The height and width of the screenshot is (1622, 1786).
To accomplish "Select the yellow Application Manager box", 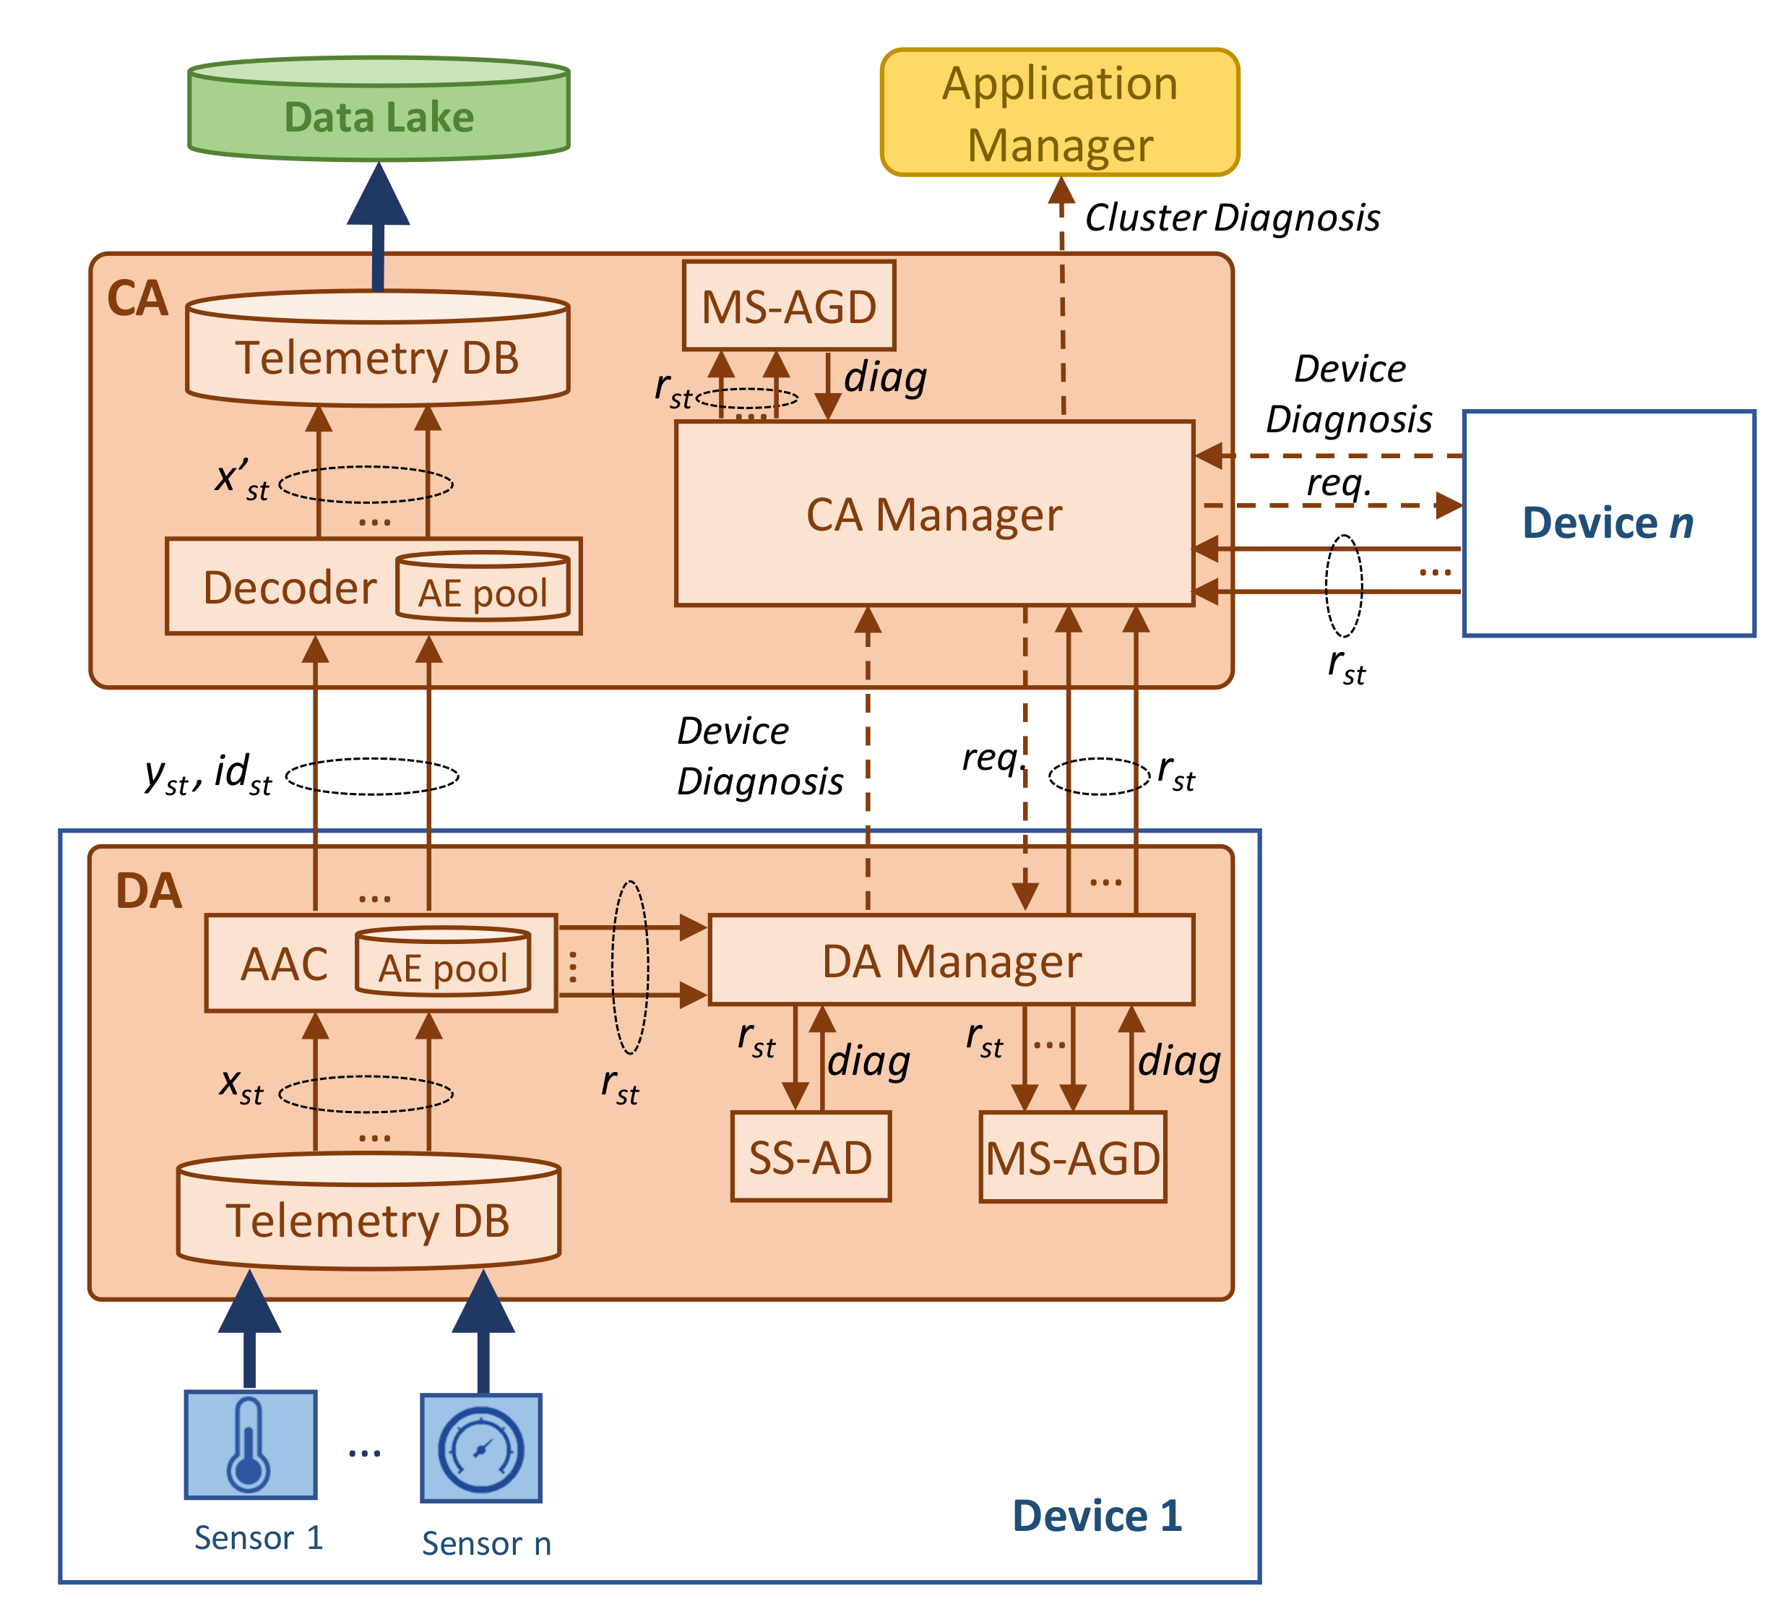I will tap(1060, 113).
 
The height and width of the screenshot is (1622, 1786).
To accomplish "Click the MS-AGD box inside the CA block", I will tap(788, 306).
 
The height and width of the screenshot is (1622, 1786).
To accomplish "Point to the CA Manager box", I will tap(933, 515).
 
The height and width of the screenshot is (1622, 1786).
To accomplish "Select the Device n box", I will tap(1608, 523).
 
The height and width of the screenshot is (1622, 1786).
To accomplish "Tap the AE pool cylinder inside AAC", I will tap(443, 964).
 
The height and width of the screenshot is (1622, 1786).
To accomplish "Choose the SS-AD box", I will tap(811, 1157).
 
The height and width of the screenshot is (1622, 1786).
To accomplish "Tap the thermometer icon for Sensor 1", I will tap(250, 1445).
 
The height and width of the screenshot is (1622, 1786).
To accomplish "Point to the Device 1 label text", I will tap(1097, 1516).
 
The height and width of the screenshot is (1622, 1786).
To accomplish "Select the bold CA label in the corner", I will tap(137, 299).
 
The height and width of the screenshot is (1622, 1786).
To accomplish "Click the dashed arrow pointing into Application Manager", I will tap(1062, 293).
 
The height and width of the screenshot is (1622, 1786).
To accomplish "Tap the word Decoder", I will tap(290, 588).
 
